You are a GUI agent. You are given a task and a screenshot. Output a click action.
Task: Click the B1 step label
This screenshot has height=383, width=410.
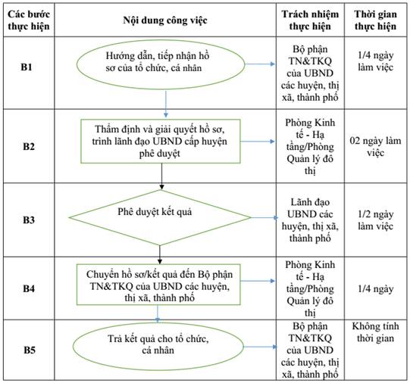(x=27, y=67)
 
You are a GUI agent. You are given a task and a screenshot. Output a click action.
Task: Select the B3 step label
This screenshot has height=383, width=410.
(x=29, y=220)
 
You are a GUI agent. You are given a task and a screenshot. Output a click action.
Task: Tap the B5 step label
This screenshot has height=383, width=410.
(x=30, y=350)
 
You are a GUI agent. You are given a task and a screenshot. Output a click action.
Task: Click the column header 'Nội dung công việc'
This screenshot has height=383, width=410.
(x=165, y=20)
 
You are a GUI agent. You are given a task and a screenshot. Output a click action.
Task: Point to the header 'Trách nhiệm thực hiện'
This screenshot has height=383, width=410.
(x=310, y=20)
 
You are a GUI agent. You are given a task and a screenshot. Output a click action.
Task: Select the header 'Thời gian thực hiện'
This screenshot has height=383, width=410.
(x=375, y=20)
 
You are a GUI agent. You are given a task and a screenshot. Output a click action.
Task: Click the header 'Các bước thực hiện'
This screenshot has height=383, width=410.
(x=29, y=20)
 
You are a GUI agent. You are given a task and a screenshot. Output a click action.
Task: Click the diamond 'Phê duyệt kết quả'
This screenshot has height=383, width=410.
(x=160, y=217)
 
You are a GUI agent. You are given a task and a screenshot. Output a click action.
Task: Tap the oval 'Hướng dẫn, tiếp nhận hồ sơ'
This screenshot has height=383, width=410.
(x=161, y=64)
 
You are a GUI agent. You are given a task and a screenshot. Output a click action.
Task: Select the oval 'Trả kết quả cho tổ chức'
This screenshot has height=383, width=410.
(x=158, y=347)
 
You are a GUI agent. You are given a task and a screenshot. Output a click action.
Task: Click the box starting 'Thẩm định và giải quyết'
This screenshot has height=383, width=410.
(x=161, y=142)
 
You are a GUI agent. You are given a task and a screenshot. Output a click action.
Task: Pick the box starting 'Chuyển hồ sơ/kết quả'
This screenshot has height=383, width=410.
(x=158, y=285)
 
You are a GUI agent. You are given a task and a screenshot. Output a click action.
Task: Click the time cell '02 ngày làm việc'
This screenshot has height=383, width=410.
(x=375, y=147)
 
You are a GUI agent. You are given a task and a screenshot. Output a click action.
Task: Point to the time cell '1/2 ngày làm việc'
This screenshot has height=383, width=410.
(x=375, y=220)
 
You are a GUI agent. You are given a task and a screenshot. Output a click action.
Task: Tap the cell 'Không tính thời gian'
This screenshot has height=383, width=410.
(x=375, y=332)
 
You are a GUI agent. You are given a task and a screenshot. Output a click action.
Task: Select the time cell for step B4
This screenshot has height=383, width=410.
(x=375, y=288)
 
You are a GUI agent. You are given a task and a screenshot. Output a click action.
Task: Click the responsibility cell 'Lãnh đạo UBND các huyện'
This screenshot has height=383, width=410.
(x=310, y=220)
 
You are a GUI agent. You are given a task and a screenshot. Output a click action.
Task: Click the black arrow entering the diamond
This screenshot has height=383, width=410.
(x=161, y=176)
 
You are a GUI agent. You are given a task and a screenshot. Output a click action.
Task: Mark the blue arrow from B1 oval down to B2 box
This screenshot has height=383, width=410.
(x=165, y=104)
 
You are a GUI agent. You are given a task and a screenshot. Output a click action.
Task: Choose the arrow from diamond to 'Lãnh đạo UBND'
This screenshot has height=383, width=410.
(x=264, y=217)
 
